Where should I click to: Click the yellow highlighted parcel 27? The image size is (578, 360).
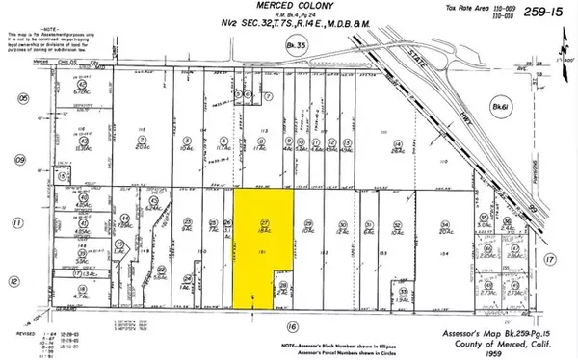(262, 241)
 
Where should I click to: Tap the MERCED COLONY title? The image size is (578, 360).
(227, 9)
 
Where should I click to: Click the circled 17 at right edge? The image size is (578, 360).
(550, 259)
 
